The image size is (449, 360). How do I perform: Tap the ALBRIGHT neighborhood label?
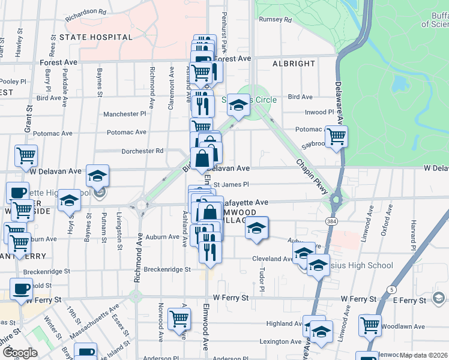pos(294,64)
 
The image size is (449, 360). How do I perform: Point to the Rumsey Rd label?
pos(275,20)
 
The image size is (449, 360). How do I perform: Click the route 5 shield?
pos(391,290)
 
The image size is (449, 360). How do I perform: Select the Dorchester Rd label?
pos(143,151)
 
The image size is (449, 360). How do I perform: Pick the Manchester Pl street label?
pos(124,114)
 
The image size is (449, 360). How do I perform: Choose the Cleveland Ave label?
pos(271,259)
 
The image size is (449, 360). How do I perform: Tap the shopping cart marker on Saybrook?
pos(337,136)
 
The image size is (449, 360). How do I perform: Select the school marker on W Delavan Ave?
pos(97,175)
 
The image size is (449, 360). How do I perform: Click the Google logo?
pos(19,352)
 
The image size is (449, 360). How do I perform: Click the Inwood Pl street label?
pos(319,112)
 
